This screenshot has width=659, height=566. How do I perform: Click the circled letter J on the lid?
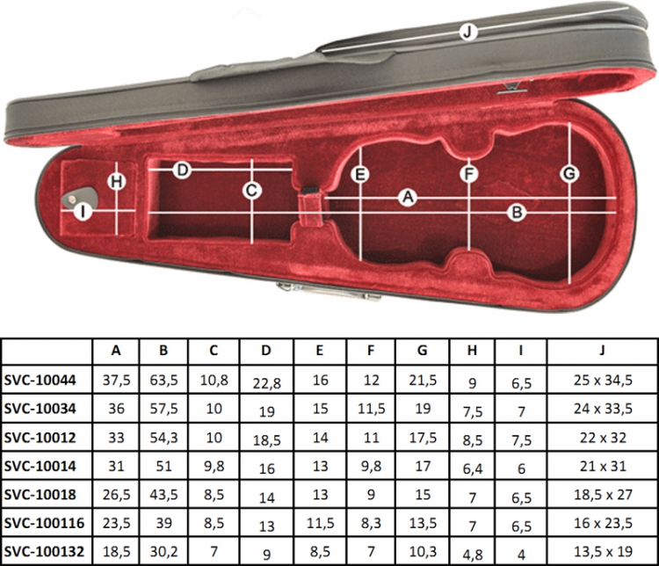(468, 32)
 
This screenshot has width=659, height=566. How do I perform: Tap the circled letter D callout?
(183, 171)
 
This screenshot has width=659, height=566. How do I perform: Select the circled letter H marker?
(116, 182)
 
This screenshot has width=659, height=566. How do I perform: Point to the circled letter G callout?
(569, 173)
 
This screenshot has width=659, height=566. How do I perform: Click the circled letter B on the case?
(517, 213)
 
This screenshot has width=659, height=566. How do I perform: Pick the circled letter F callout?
(468, 174)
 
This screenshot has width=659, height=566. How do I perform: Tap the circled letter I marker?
(83, 212)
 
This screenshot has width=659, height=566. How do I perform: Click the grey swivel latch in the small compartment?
(79, 197)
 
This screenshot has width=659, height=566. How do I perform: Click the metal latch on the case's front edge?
(329, 292)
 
